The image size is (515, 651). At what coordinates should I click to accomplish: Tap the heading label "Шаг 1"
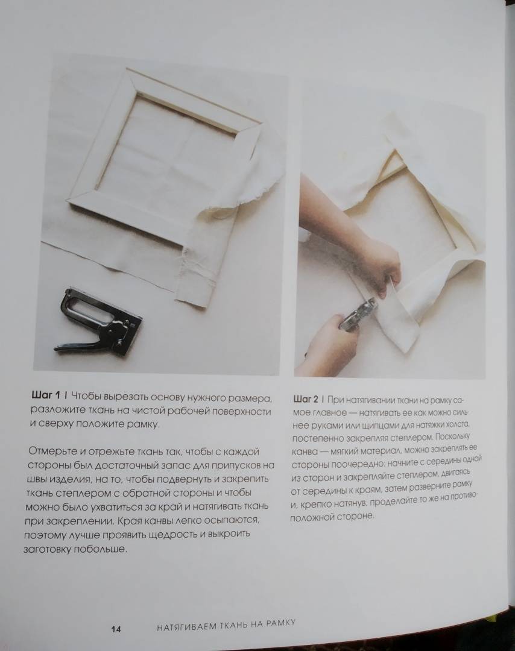pyautogui.click(x=46, y=394)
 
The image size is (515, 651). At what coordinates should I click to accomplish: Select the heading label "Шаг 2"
pyautogui.click(x=306, y=400)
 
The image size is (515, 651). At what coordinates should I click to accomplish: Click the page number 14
pyautogui.click(x=116, y=629)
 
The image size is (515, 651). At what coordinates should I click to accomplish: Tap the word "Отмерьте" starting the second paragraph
pyautogui.click(x=50, y=451)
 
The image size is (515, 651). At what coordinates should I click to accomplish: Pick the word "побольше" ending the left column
pyautogui.click(x=100, y=549)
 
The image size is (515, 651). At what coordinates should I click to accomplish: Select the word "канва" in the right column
pyautogui.click(x=305, y=451)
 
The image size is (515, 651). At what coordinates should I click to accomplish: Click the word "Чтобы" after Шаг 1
pyautogui.click(x=86, y=397)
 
